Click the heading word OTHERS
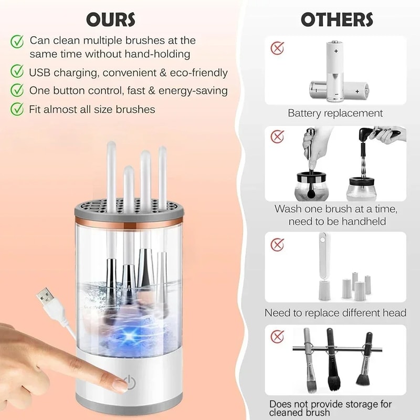337,19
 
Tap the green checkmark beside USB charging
18,72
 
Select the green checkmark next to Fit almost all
18,109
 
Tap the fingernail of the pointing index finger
120,385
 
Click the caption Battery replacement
335,113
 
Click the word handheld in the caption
371,221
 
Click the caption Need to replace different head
335,313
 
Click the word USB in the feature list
40,72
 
